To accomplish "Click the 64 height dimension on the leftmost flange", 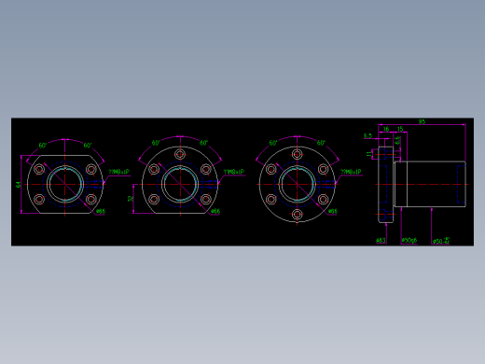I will click(19, 184).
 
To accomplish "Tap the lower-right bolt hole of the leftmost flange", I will click(90, 199).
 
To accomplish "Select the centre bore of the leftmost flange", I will click(64, 184).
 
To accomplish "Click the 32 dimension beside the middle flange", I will click(131, 198).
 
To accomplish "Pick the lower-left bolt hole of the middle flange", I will click(154, 198).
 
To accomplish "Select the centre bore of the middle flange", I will click(180, 183).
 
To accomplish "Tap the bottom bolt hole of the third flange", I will click(297, 215).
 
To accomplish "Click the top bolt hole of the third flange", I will click(297, 153).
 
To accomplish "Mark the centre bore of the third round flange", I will click(297, 184).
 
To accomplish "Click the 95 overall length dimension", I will click(422, 122).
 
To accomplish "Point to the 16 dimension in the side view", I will click(386, 130).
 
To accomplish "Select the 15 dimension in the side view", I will click(399, 130).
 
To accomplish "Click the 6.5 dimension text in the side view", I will click(367, 136).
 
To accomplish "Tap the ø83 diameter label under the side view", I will click(381, 241).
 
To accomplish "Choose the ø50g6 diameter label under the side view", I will click(409, 241).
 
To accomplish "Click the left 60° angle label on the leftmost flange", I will click(43, 146).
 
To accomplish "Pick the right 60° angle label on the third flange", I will click(320, 144).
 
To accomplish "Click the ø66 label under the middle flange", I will click(215, 211).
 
